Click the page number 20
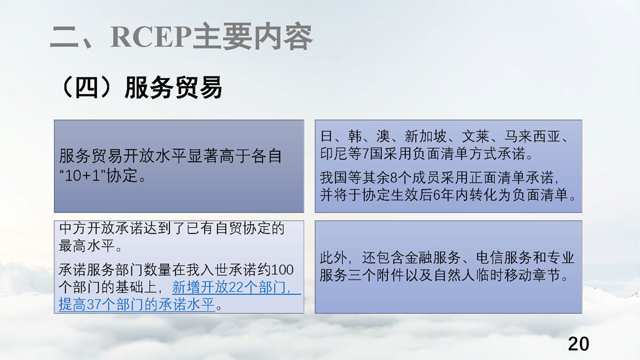click(578, 344)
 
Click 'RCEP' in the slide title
click(151, 37)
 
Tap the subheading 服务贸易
click(173, 87)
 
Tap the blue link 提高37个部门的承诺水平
click(137, 304)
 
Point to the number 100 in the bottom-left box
click(282, 270)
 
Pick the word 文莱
click(476, 136)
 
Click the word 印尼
click(334, 154)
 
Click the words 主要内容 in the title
click(252, 37)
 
